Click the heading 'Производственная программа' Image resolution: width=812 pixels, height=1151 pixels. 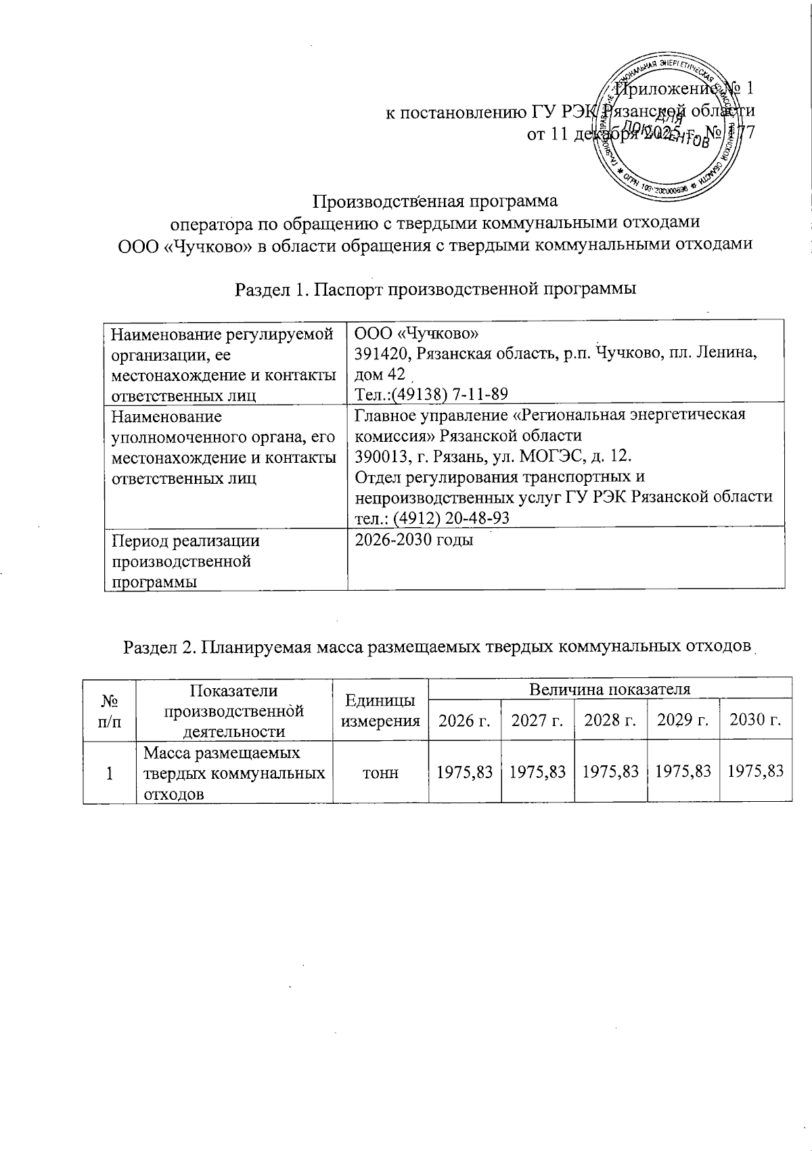pos(435,201)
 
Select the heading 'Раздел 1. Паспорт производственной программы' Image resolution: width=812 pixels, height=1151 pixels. pos(435,290)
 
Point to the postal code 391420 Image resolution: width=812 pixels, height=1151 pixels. pos(380,354)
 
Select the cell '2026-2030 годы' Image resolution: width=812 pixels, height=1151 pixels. pos(414,540)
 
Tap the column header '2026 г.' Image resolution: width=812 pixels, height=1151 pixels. pos(464,720)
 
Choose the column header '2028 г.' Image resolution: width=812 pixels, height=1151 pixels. pos(611,720)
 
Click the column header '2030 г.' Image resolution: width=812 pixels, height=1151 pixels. pos(756,720)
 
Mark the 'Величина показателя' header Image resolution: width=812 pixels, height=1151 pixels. pos(610,689)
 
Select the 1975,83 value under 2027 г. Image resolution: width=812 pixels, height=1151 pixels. pos(537,772)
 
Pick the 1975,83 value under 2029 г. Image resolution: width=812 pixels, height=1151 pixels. pos(683,772)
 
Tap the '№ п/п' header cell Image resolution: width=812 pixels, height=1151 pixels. pos(110,710)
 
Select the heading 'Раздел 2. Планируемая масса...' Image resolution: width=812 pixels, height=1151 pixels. pos(438,647)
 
